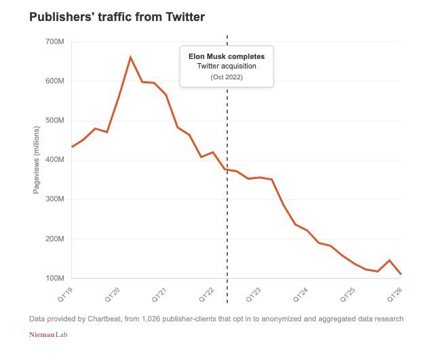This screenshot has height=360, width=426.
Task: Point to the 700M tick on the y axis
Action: pos(54,41)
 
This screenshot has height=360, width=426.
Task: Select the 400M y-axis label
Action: pos(54,160)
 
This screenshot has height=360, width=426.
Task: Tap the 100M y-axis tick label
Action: pos(54,278)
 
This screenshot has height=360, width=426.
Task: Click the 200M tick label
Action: pos(54,239)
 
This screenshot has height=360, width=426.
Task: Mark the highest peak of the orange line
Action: pos(130,57)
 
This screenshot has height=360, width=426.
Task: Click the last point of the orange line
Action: pos(401,274)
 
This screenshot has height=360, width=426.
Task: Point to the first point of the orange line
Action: pos(72,146)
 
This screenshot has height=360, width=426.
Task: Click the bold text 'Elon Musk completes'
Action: pos(227,56)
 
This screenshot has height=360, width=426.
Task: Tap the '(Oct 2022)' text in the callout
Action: pos(227,77)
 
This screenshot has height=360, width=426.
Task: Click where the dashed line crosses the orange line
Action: pos(227,169)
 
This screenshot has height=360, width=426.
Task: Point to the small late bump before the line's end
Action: pos(389,260)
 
